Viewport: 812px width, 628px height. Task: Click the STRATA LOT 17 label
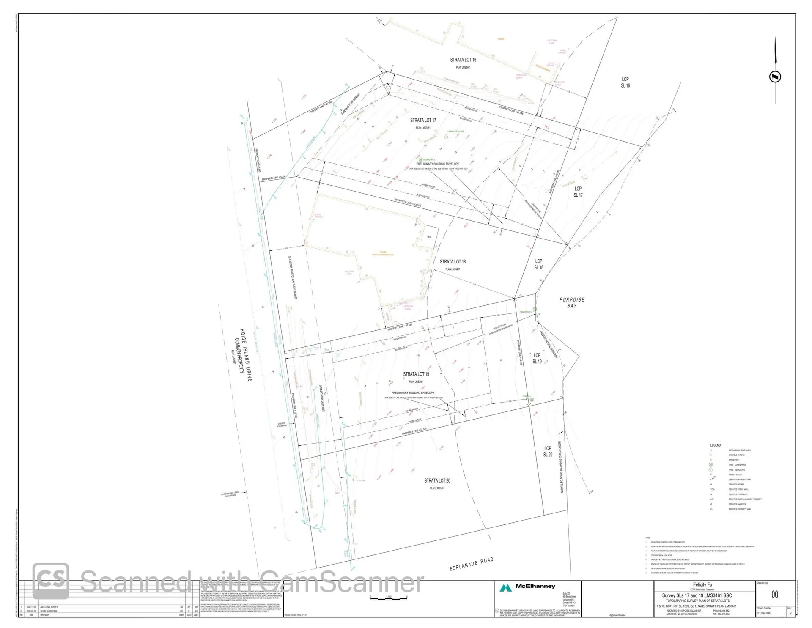click(423, 121)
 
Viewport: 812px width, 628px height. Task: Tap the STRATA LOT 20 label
click(437, 481)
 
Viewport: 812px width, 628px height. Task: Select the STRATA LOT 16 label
click(463, 60)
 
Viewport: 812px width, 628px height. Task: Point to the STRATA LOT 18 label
click(453, 262)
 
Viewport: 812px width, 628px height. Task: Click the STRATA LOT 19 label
click(416, 374)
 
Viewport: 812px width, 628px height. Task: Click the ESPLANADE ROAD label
click(471, 564)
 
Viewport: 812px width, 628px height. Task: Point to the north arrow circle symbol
click(775, 77)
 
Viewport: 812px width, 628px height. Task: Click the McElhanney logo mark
click(506, 588)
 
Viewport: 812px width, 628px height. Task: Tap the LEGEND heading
click(715, 445)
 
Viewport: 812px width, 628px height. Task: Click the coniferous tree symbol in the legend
click(711, 465)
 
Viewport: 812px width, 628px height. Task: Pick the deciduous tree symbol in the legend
click(711, 470)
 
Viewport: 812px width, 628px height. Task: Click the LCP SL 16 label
click(625, 82)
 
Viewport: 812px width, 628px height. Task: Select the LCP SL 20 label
click(548, 452)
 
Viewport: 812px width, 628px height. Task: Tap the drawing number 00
click(774, 595)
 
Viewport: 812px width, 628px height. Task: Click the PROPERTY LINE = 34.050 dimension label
click(407, 203)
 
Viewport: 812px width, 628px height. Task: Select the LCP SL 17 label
click(578, 192)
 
